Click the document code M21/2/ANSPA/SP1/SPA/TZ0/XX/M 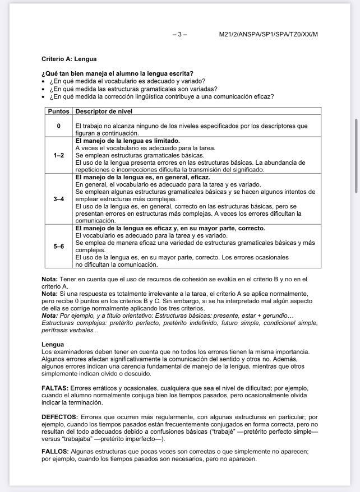click(268, 34)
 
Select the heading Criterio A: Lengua click(69, 59)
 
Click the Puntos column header click(58, 112)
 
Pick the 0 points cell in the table click(58, 126)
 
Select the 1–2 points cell click(58, 155)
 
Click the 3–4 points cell click(58, 199)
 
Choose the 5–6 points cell click(58, 246)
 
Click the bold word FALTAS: click(55, 388)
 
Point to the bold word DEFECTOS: click(59, 417)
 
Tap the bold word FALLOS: click(55, 451)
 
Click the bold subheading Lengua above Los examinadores click(53, 344)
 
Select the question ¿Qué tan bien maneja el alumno click(117, 73)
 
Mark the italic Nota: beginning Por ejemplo click(49, 315)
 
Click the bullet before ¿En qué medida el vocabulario click(44, 81)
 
